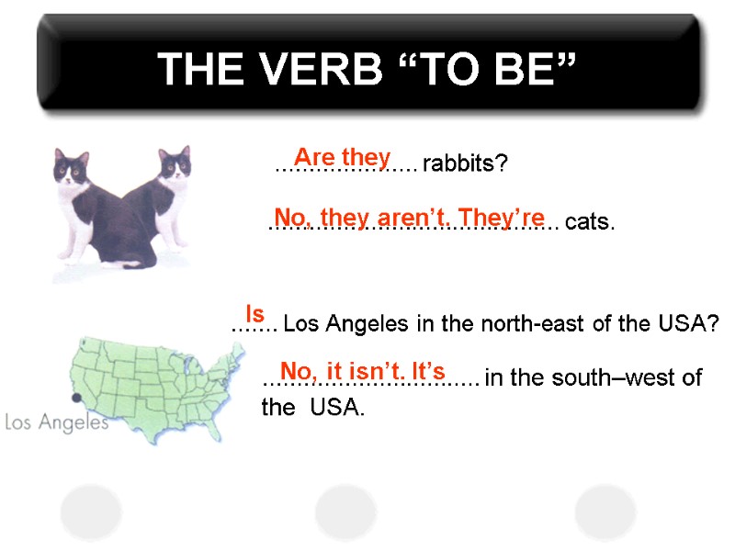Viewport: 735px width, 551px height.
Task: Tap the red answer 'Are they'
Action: pos(342,157)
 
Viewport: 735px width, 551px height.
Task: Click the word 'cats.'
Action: pos(590,223)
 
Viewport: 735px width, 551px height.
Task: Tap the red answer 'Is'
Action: pos(254,314)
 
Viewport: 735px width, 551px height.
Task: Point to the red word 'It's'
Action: pos(428,372)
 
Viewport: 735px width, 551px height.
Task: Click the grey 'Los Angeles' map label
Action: pos(57,422)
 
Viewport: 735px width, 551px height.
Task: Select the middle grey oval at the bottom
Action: pos(345,512)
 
